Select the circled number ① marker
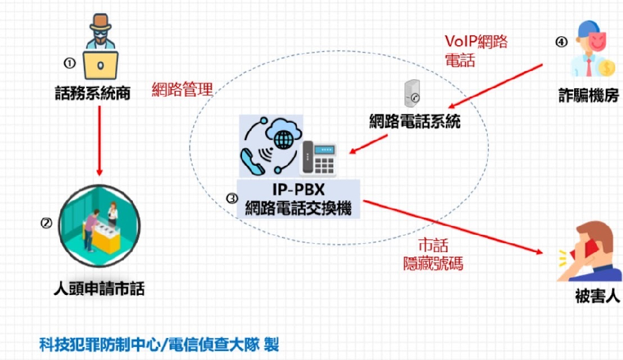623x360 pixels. pyautogui.click(x=70, y=62)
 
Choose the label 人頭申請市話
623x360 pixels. pyautogui.click(x=98, y=290)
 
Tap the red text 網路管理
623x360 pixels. pyautogui.click(x=182, y=89)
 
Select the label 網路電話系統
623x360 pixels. pyautogui.click(x=414, y=122)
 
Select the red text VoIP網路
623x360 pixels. pyautogui.click(x=476, y=41)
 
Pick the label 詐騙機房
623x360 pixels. pyautogui.click(x=584, y=95)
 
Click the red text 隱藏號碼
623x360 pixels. pyautogui.click(x=433, y=263)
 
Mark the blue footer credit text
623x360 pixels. pyautogui.click(x=158, y=344)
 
